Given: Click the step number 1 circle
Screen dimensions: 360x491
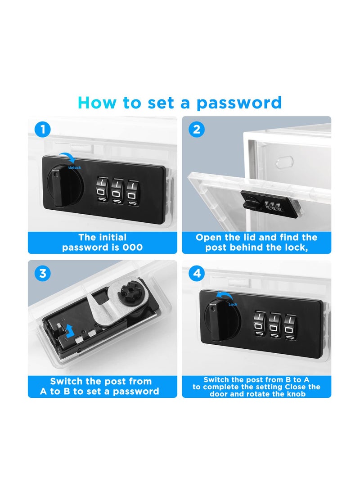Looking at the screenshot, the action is (43, 129).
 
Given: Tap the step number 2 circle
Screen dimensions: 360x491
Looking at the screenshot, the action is (197, 129).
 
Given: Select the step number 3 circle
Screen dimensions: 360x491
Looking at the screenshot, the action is (43, 273).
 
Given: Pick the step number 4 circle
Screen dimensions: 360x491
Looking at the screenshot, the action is (197, 273).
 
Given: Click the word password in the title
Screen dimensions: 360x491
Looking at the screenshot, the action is (239, 103).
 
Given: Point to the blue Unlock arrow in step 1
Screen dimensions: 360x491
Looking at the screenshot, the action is (68, 157).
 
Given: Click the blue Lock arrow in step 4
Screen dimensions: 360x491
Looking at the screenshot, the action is (225, 295).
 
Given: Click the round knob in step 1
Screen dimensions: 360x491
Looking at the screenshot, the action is (66, 187).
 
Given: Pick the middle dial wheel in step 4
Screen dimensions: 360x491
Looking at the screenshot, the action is (275, 325).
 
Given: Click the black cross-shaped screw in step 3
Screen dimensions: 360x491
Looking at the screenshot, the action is (128, 294).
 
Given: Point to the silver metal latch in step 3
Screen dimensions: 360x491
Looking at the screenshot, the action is (115, 306).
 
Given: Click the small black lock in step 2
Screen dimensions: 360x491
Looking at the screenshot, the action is (270, 203).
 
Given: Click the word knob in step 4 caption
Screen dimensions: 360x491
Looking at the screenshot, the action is (296, 394).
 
